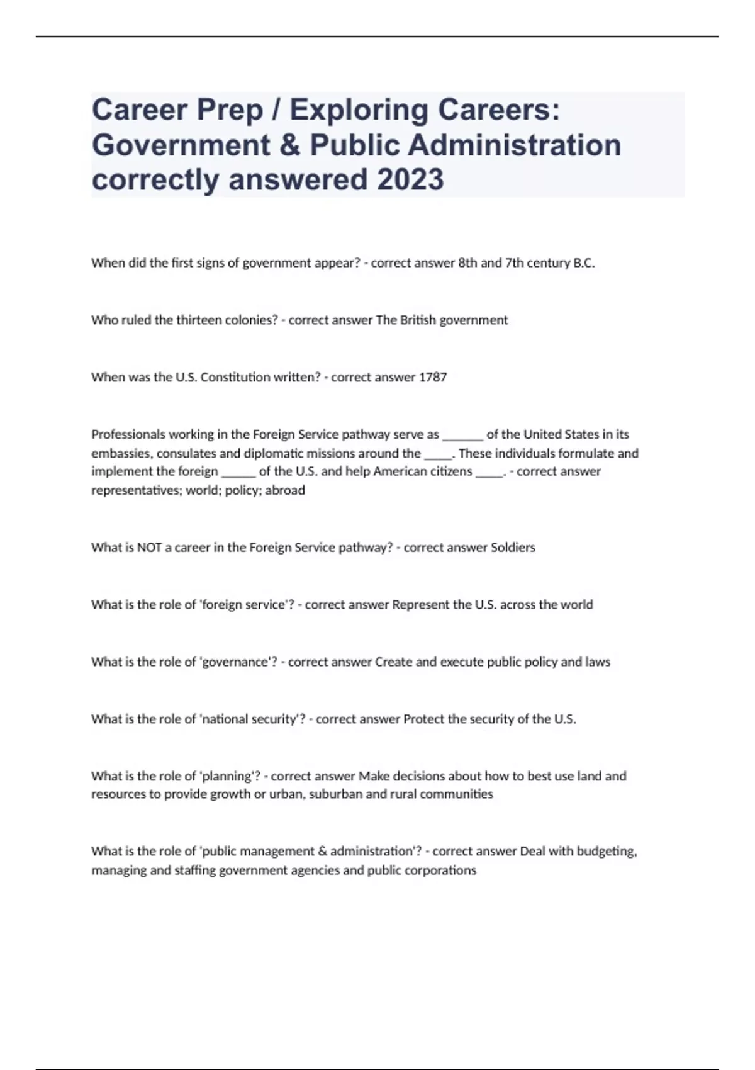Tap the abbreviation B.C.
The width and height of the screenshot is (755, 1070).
pos(584,263)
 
